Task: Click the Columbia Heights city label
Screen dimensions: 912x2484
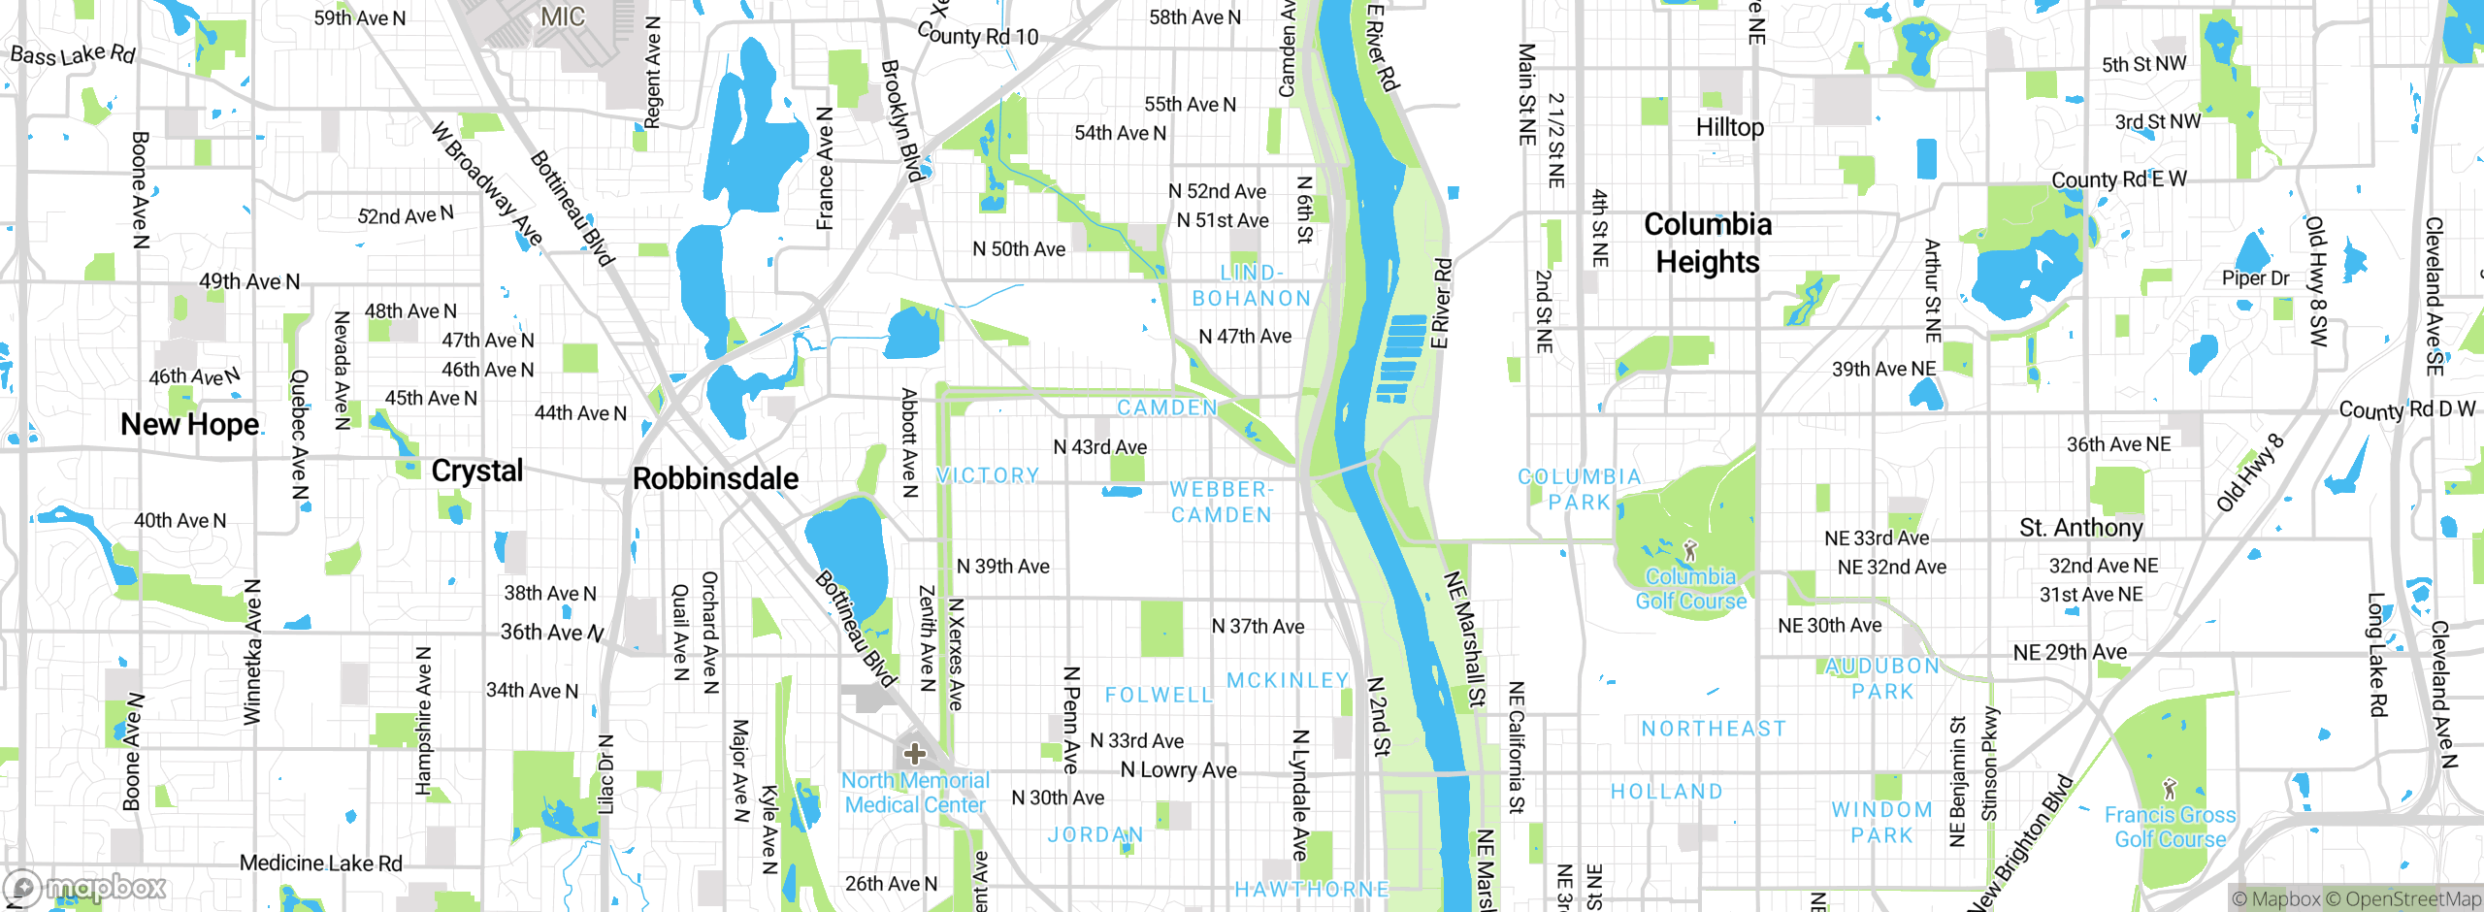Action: pos(1707,243)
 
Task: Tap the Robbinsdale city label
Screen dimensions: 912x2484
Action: pos(715,478)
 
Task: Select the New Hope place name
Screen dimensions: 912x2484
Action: pos(189,425)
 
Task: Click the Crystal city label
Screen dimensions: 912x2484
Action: pos(476,471)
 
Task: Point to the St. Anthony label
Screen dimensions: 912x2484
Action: pos(2080,528)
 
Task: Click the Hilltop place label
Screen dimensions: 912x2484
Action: pos(1729,127)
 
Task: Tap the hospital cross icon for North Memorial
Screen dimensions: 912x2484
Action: pos(914,754)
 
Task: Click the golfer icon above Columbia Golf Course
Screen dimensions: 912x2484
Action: pos(1690,551)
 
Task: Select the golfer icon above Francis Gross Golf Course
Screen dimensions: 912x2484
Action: pos(2170,789)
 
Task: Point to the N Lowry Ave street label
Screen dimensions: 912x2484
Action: pos(1178,770)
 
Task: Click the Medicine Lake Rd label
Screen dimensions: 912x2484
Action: pos(320,863)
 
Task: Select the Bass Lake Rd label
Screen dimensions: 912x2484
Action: pos(73,54)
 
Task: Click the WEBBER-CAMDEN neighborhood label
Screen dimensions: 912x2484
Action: pos(1221,503)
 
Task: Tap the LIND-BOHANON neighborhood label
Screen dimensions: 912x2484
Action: pos(1251,286)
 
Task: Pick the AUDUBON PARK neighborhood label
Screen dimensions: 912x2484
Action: pos(1882,678)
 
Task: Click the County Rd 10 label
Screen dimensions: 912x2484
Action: pos(977,36)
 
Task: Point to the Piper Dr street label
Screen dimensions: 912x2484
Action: pos(2255,278)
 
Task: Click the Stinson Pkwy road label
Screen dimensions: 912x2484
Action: pos(1990,765)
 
